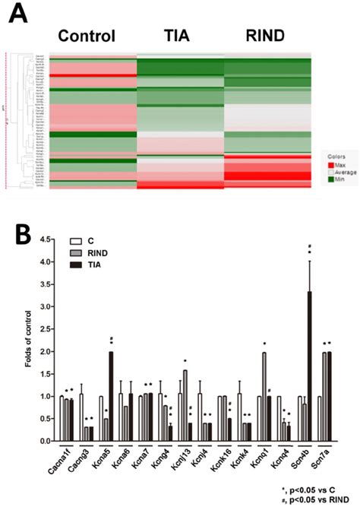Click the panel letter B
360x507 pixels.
tap(16, 226)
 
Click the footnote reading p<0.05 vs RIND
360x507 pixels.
tap(318, 498)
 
